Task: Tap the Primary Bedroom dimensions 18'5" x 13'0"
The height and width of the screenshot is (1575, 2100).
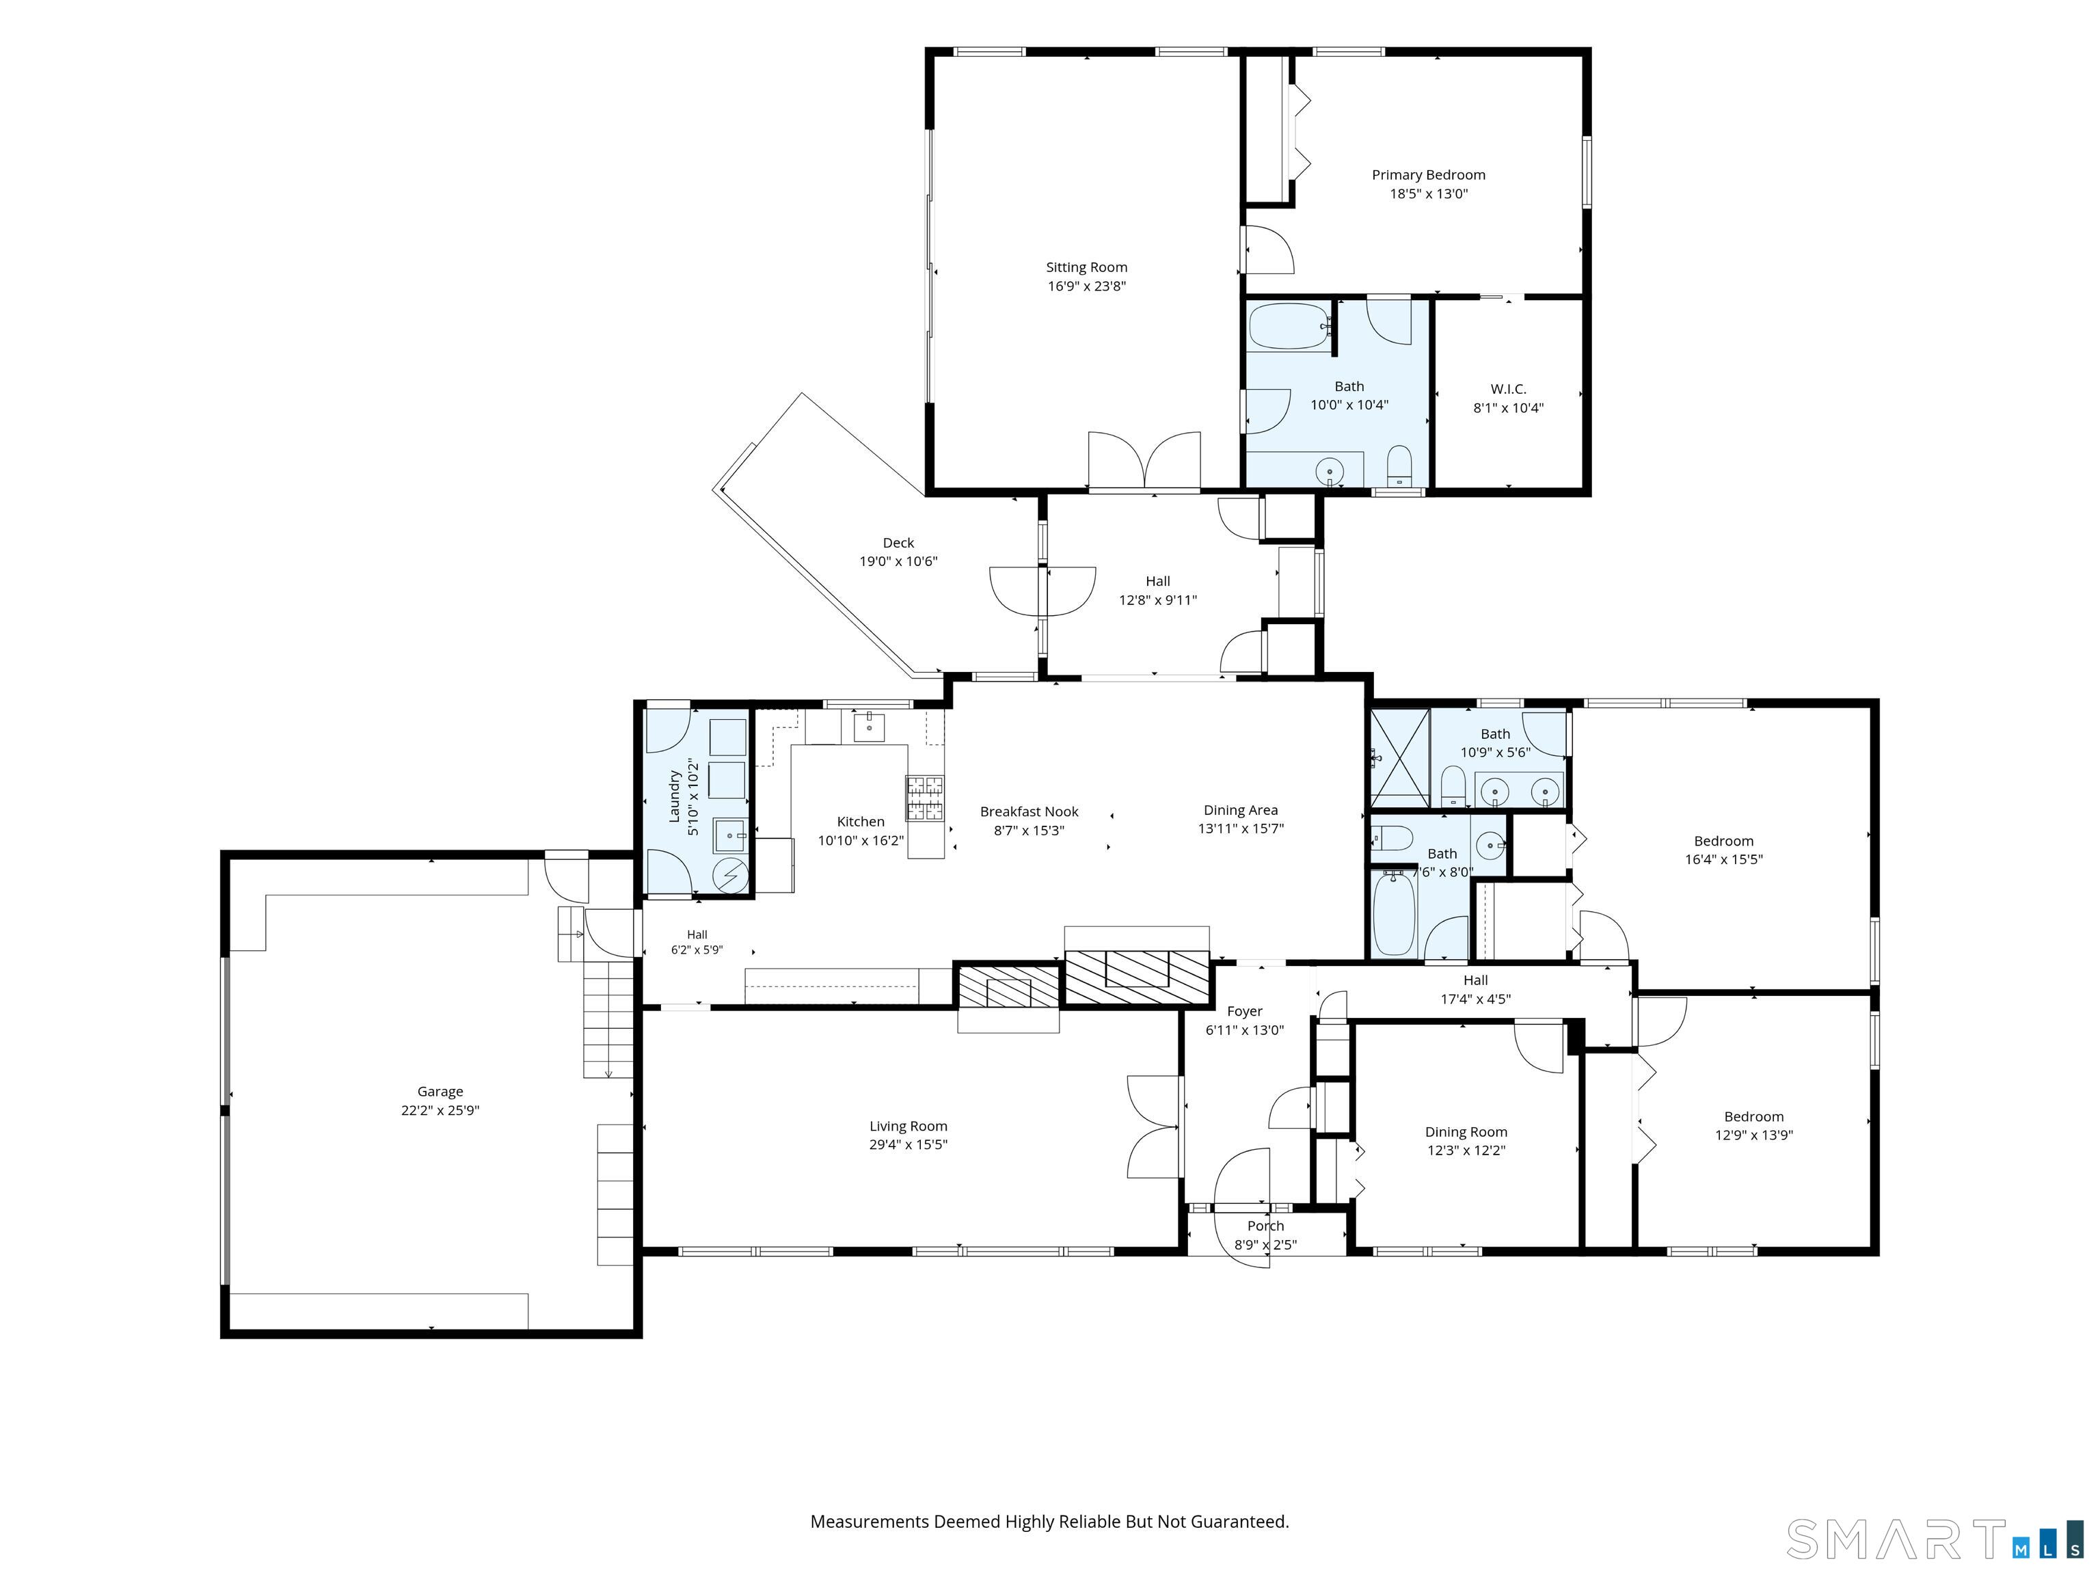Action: (1429, 193)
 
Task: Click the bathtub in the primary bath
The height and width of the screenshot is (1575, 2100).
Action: (1289, 327)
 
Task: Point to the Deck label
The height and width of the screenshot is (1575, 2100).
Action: (898, 543)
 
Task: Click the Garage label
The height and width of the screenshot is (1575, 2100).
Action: (440, 1092)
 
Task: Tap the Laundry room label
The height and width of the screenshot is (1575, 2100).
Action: (675, 796)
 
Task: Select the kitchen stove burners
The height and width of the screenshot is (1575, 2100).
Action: (925, 798)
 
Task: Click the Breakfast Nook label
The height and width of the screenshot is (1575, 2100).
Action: (1029, 811)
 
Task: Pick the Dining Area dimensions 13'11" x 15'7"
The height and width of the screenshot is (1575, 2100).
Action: (1241, 829)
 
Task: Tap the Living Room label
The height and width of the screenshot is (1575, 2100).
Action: (908, 1127)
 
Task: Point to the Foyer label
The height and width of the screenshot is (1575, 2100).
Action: (1245, 1012)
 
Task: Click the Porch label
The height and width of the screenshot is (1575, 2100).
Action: (1265, 1226)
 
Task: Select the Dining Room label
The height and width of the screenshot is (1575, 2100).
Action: (1466, 1131)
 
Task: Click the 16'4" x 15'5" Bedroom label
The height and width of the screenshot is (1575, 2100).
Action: (1724, 841)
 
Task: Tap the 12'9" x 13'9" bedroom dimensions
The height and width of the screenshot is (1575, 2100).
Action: (1753, 1135)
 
